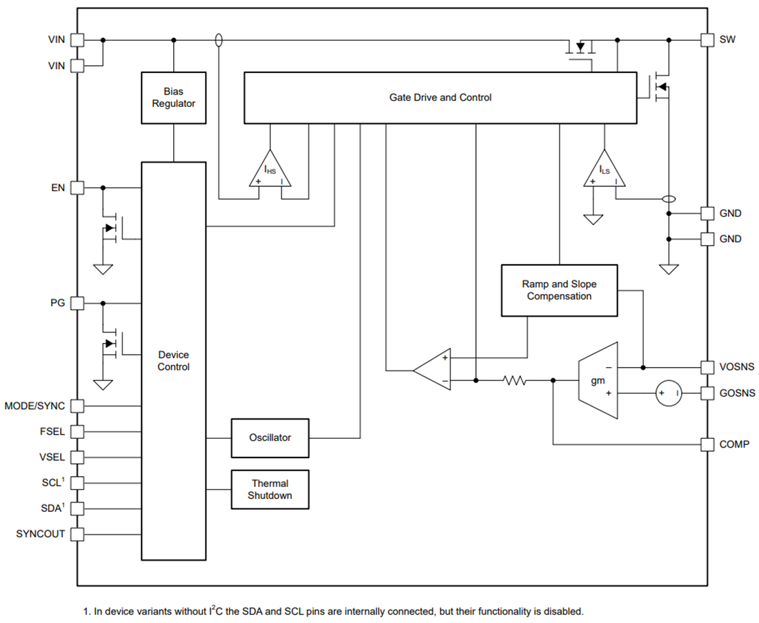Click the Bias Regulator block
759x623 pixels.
[x=173, y=97]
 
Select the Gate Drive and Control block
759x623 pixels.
[x=440, y=98]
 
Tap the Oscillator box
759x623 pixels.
[x=270, y=437]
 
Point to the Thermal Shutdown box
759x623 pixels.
[x=270, y=490]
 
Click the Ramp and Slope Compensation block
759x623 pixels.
[x=559, y=290]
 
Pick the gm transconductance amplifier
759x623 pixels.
[x=598, y=380]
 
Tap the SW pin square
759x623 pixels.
[x=707, y=40]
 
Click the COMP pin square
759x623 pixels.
[x=707, y=444]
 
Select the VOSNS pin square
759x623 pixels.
[x=707, y=367]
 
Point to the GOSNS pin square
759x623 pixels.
[x=707, y=393]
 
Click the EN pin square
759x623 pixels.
[x=77, y=188]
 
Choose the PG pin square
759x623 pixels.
[x=77, y=303]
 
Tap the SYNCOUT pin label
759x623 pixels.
[x=41, y=534]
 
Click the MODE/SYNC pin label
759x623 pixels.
[x=34, y=406]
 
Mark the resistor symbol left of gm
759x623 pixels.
[x=514, y=380]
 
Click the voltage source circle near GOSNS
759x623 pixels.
[x=669, y=393]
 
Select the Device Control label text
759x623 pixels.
[x=173, y=361]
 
